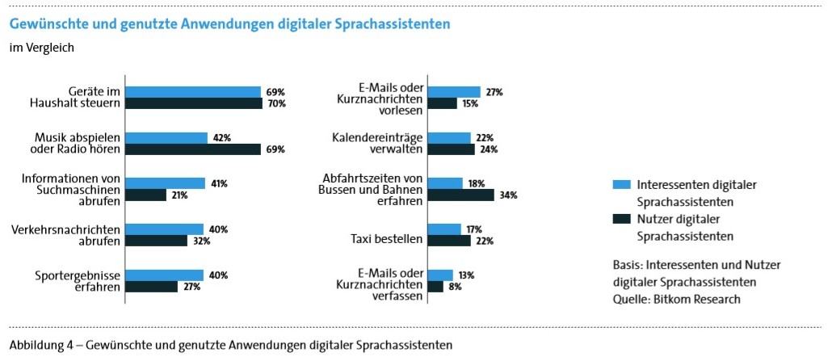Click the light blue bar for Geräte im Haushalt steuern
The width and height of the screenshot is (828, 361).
[x=193, y=92]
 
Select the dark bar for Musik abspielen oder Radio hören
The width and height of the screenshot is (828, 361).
[x=193, y=149]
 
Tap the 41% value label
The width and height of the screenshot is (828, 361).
[x=219, y=184]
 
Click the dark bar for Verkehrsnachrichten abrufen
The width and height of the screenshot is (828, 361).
[x=157, y=241]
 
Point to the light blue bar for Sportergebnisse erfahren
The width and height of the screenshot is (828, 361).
[x=165, y=275]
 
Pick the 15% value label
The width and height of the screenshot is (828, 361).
[x=470, y=104]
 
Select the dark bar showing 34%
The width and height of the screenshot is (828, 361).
[x=460, y=195]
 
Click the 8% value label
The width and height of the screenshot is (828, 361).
[x=455, y=287]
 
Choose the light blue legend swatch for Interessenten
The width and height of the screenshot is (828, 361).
[x=620, y=183]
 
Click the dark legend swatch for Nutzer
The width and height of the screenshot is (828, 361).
[x=620, y=219]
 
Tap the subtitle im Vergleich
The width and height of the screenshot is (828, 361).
[x=41, y=48]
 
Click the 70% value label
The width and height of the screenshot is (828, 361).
[x=276, y=104]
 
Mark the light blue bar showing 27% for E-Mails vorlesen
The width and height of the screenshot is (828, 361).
[x=454, y=92]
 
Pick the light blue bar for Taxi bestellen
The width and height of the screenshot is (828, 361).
[x=444, y=229]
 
